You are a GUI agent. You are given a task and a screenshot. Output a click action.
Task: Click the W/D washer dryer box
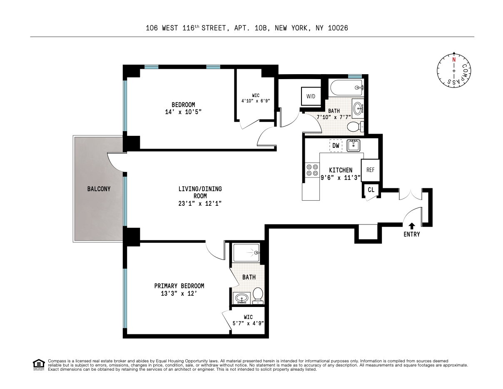(x=311, y=97)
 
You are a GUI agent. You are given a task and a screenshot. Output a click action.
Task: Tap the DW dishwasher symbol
(x=336, y=146)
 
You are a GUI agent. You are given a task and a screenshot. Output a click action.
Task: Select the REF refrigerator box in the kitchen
(x=370, y=170)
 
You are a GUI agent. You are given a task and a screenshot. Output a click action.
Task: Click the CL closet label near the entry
(x=371, y=190)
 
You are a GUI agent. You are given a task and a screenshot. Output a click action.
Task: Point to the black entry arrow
(x=411, y=226)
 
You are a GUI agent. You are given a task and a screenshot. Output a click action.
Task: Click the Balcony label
(x=99, y=189)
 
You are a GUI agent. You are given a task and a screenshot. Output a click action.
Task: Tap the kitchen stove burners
(x=312, y=170)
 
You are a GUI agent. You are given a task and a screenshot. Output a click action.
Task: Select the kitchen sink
(x=353, y=145)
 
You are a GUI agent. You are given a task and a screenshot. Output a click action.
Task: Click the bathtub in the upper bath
(x=346, y=88)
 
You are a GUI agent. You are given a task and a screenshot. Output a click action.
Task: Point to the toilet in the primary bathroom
(x=258, y=295)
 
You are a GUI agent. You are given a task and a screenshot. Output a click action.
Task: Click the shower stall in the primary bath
(x=246, y=252)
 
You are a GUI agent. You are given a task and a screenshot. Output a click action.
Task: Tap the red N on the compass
(x=454, y=59)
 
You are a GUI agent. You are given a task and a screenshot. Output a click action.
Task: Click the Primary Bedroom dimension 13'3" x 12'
(x=179, y=293)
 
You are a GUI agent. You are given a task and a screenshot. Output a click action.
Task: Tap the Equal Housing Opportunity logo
(x=39, y=364)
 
